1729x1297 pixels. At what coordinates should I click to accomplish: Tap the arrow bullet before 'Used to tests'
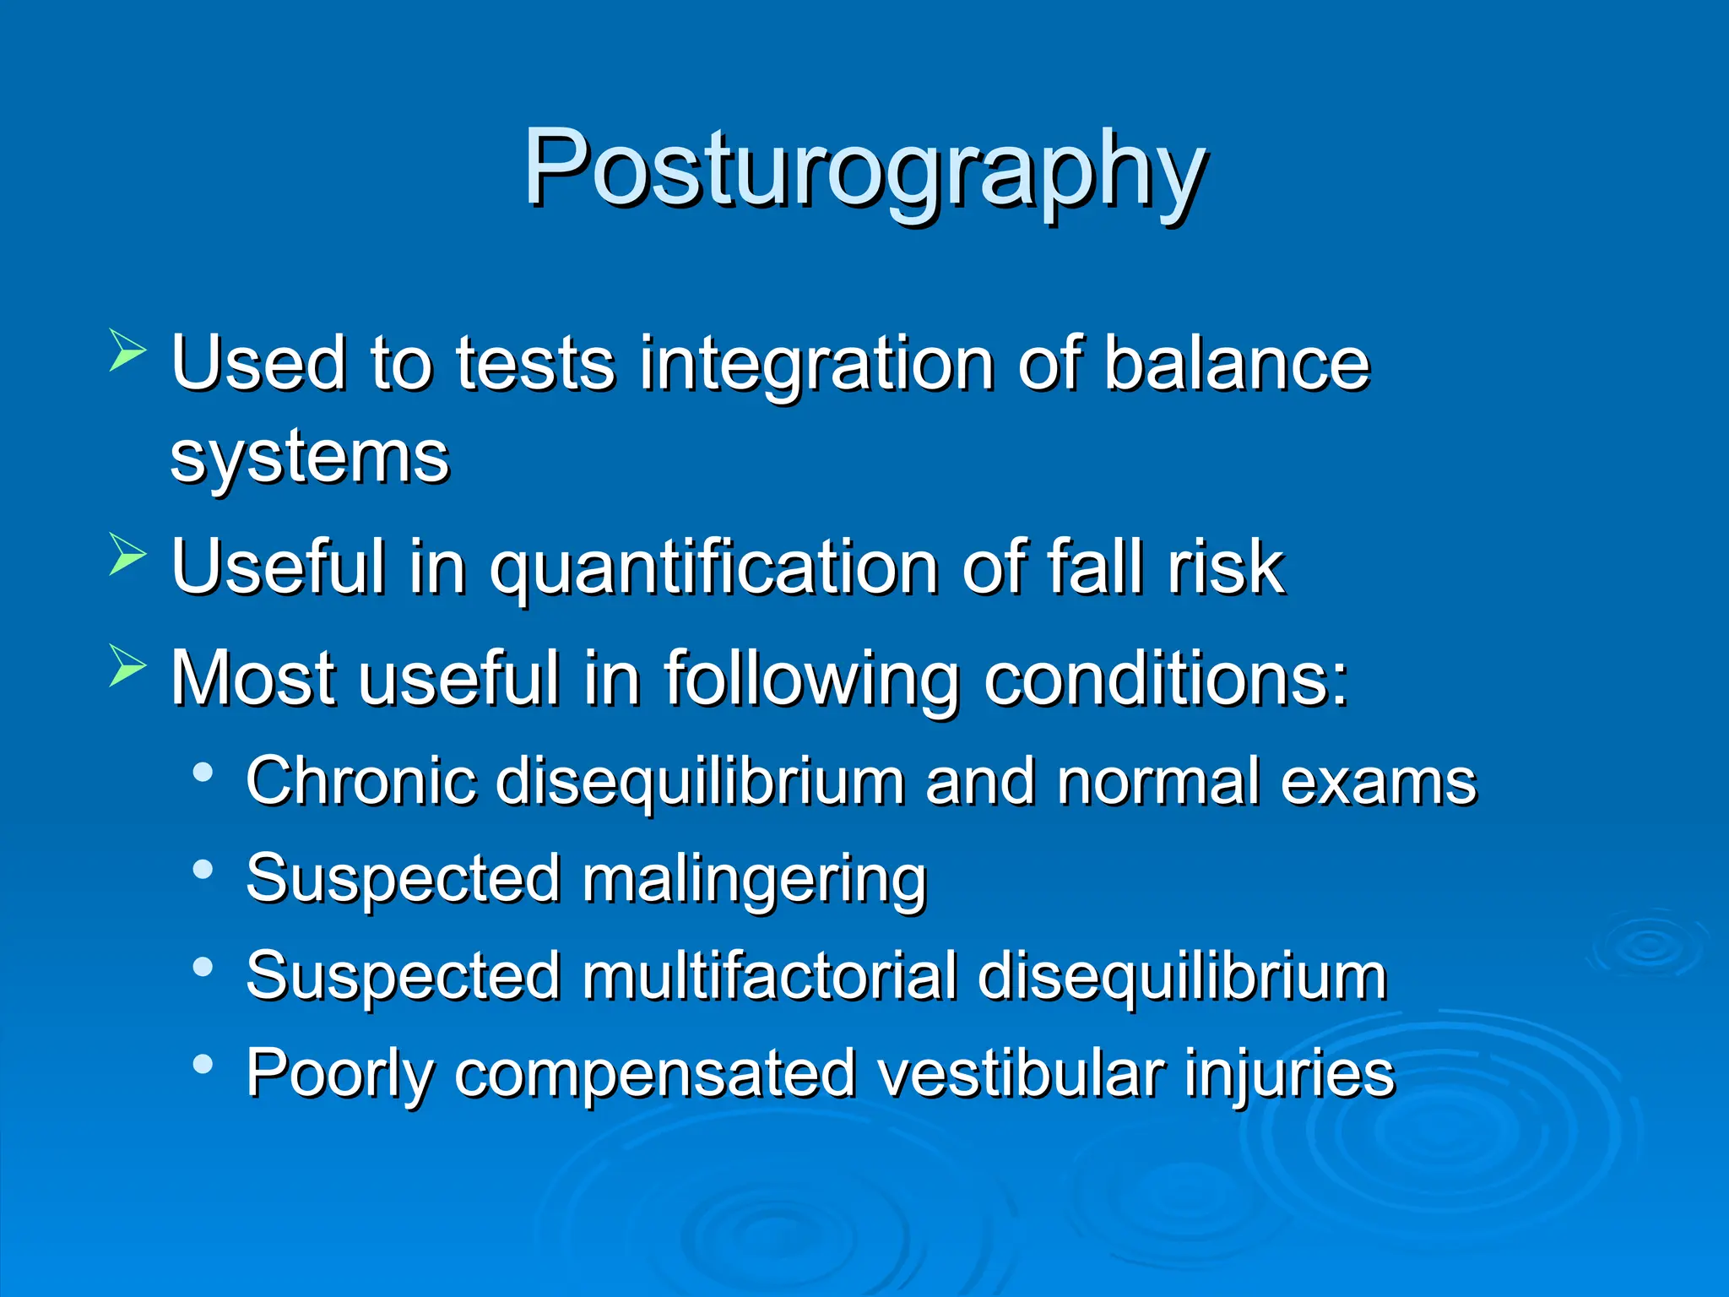coord(127,351)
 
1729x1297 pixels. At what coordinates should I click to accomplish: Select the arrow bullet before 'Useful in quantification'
coord(127,555)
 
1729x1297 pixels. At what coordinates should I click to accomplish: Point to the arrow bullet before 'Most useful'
coord(127,665)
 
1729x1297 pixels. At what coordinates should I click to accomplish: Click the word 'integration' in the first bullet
coord(816,364)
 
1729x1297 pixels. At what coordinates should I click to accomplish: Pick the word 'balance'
coord(1236,364)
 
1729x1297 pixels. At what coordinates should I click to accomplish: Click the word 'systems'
coord(309,458)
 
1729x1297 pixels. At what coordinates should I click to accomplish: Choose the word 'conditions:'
coord(1166,677)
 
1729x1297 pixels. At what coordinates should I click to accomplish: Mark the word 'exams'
coord(1378,781)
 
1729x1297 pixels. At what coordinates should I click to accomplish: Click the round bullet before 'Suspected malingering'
coord(203,870)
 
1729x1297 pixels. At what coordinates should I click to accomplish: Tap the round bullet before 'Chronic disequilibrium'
coord(203,772)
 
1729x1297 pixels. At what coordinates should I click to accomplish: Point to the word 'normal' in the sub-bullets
coord(1160,781)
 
